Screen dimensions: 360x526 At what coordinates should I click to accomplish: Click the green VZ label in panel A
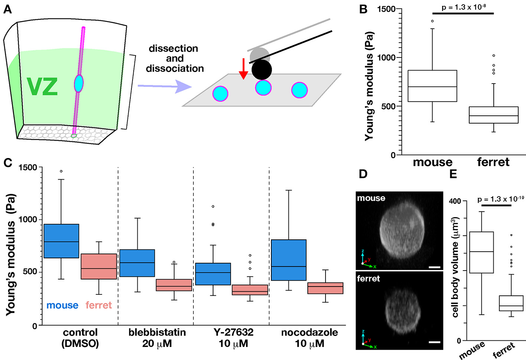42,86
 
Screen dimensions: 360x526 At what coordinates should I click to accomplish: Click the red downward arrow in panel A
243,69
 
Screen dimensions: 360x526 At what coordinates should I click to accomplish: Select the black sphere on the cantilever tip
262,70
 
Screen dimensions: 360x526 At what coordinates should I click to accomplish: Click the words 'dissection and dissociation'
174,58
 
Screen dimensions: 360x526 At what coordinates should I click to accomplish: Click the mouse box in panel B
432,86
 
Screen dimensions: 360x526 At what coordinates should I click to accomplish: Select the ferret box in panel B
493,115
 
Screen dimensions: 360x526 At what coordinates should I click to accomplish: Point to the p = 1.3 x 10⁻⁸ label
464,7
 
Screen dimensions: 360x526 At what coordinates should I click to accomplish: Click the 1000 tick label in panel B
386,58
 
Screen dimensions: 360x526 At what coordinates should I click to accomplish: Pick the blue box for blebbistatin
137,263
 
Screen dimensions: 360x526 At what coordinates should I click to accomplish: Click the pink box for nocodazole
325,288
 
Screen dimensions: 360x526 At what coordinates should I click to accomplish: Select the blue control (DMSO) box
61,241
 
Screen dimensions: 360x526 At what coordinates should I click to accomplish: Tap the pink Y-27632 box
249,290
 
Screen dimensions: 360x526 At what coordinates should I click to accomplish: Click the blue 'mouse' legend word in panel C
62,305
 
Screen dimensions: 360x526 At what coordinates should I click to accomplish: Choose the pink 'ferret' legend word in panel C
98,305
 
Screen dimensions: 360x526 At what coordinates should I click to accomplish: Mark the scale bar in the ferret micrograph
434,342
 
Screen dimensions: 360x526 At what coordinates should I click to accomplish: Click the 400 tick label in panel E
455,201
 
